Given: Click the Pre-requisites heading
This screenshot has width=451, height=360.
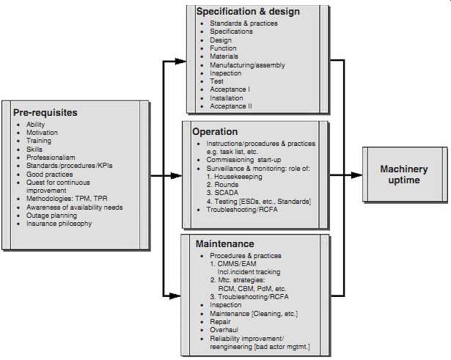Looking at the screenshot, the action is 45,113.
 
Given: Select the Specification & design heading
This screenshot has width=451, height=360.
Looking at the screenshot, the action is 248,12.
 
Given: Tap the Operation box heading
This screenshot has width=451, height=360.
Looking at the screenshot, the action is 215,132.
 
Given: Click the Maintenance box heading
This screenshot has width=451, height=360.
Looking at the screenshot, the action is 225,244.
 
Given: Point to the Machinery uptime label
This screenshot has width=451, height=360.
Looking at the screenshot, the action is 404,175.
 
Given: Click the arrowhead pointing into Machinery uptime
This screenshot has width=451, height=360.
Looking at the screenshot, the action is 356,175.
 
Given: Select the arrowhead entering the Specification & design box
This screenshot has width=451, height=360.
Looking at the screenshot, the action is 180,61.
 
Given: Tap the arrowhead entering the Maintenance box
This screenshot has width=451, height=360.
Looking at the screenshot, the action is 175,296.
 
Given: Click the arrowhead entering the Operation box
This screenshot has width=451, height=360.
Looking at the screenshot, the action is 176,175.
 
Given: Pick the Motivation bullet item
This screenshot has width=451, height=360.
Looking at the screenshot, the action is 42,133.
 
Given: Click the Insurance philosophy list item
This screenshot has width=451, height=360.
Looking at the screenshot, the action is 59,224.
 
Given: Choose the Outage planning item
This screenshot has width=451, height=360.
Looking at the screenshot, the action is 51,216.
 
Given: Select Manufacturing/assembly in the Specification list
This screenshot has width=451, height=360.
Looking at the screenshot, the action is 247,65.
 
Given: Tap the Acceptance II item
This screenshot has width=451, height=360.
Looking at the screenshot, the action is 231,106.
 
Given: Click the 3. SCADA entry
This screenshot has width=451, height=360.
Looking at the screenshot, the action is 222,193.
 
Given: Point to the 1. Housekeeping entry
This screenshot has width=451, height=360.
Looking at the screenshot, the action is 235,177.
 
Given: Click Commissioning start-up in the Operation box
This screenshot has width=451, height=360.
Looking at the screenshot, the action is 243,160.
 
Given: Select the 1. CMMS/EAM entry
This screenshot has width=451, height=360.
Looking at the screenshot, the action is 233,264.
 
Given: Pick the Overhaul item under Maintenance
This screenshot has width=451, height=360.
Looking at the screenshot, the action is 224,330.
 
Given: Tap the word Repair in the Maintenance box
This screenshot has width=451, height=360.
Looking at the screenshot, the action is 220,322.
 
